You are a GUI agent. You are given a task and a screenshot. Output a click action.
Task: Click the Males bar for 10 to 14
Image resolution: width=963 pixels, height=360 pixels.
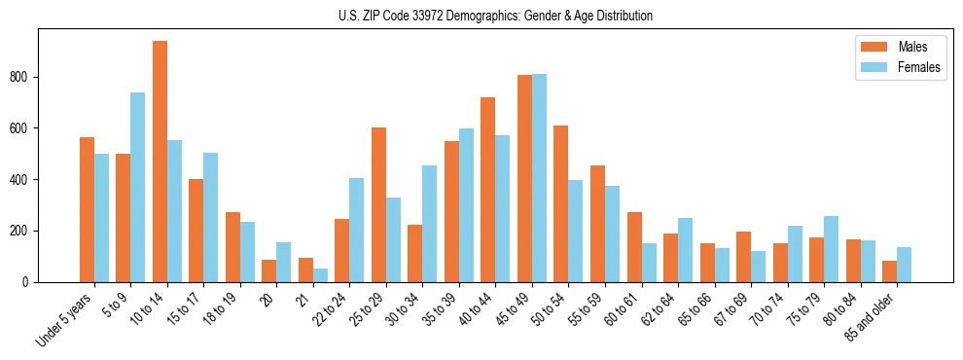(160, 162)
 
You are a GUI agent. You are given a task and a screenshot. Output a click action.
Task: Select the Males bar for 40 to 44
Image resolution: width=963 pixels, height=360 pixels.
(488, 190)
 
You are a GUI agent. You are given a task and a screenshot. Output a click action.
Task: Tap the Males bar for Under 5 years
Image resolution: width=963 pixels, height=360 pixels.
(87, 209)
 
